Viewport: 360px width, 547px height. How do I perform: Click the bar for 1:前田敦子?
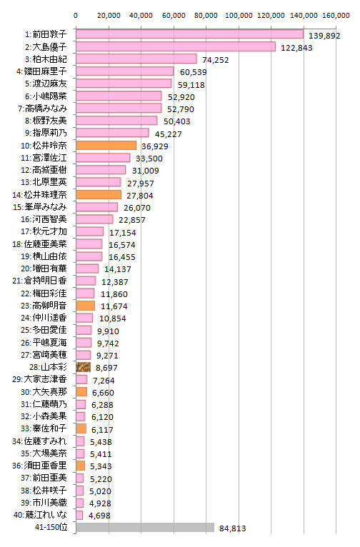pyautogui.click(x=190, y=34)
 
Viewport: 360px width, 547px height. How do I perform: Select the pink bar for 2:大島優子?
pyautogui.click(x=176, y=46)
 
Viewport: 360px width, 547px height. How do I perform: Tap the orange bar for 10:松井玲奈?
pyautogui.click(x=106, y=146)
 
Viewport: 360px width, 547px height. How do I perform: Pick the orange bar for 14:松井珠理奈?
pyautogui.click(x=99, y=195)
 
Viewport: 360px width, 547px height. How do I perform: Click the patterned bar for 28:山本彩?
pyautogui.click(x=84, y=367)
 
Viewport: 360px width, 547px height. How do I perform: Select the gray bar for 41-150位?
pyautogui.click(x=145, y=528)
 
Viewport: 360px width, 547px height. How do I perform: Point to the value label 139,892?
pyautogui.click(x=324, y=36)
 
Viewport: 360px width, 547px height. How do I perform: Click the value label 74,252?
pyautogui.click(x=216, y=60)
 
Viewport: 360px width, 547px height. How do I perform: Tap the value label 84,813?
pyautogui.click(x=233, y=528)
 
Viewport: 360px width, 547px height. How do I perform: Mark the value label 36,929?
pyautogui.click(x=155, y=146)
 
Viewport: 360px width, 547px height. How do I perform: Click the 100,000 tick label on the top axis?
pyautogui.click(x=239, y=15)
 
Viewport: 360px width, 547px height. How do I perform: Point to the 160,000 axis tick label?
pyautogui.click(x=336, y=15)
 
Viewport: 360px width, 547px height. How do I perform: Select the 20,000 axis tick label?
pyautogui.click(x=109, y=15)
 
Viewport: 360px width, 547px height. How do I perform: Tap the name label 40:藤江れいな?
pyautogui.click(x=40, y=515)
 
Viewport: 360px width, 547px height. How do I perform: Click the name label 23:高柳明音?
pyautogui.click(x=44, y=306)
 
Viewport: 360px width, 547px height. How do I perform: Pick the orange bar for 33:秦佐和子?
pyautogui.click(x=81, y=428)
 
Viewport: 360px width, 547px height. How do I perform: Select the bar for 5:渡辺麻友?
pyautogui.click(x=124, y=84)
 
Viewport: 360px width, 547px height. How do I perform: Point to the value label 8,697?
pyautogui.click(x=106, y=368)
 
